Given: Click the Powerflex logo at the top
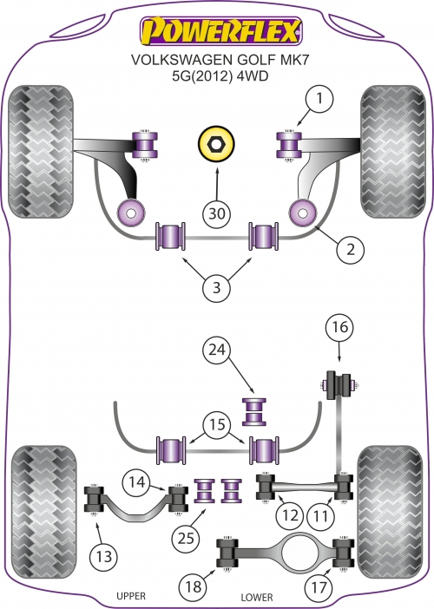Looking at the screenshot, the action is [x=221, y=30].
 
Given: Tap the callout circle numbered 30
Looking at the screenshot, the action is [x=217, y=213].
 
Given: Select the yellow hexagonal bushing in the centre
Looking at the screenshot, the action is [x=216, y=144].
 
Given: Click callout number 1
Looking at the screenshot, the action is [x=319, y=98].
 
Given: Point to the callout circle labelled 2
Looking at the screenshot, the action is [x=351, y=249].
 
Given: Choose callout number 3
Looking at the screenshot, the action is [x=216, y=287].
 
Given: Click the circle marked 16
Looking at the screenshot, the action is [x=339, y=327].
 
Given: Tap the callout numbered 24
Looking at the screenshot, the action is [x=217, y=350].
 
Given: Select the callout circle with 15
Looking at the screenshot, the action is [x=217, y=424].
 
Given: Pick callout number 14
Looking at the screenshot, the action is [x=137, y=482].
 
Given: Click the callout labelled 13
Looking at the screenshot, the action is [x=104, y=557].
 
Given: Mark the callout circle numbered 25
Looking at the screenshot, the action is [x=186, y=539].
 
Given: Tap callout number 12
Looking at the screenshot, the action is [x=290, y=515].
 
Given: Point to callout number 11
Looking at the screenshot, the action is [x=320, y=516].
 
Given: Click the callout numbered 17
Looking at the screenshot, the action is [x=319, y=586].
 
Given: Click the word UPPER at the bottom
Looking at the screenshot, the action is [x=131, y=596].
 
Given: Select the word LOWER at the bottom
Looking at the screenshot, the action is [x=257, y=597].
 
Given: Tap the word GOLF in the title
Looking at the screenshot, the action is [x=256, y=59].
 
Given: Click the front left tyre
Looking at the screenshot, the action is [x=41, y=152].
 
